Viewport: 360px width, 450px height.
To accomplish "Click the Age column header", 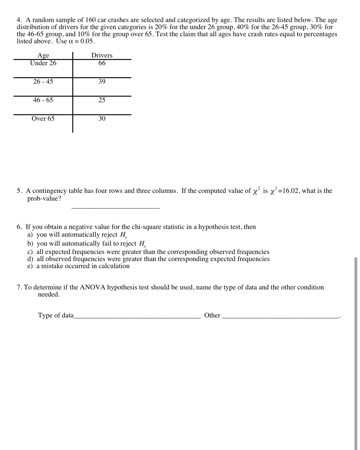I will point(43,55).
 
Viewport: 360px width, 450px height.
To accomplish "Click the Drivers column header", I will point(102,55).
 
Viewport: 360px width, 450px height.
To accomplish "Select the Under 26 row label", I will point(43,63).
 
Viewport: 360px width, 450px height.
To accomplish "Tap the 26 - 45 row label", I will point(43,82).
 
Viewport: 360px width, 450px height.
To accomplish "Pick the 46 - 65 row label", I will point(43,100).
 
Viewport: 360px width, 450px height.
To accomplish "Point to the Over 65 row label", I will point(43,118).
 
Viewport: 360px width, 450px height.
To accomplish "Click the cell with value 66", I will point(102,63).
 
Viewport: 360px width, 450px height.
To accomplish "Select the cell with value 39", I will point(102,82).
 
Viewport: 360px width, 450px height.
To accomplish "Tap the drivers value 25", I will point(102,100).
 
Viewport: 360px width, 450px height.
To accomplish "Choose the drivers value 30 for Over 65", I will point(102,118).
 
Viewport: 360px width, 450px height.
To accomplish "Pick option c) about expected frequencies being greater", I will point(148,252).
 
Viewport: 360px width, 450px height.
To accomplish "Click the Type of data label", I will point(56,315).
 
